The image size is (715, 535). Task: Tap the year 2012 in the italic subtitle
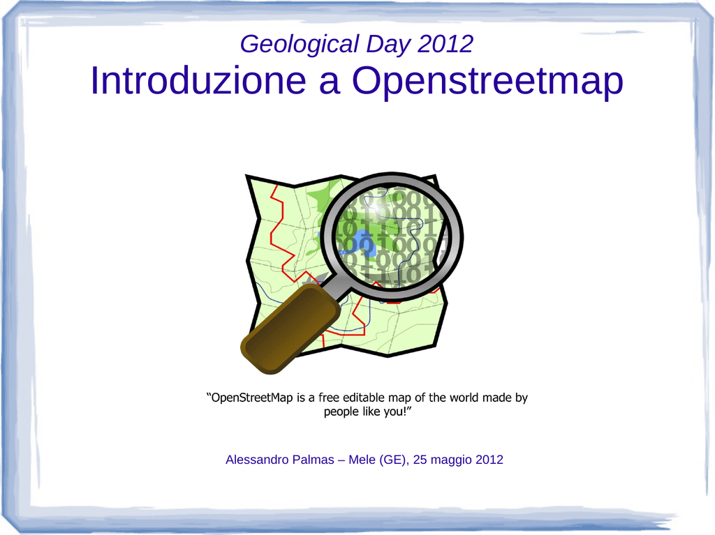point(445,44)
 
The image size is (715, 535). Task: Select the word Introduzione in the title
point(198,80)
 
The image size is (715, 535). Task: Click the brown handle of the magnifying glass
point(290,328)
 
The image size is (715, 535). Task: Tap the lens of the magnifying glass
point(392,237)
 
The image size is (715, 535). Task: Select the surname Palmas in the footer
point(313,460)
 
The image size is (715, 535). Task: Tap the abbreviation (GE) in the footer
point(394,460)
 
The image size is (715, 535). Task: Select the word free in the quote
point(328,398)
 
